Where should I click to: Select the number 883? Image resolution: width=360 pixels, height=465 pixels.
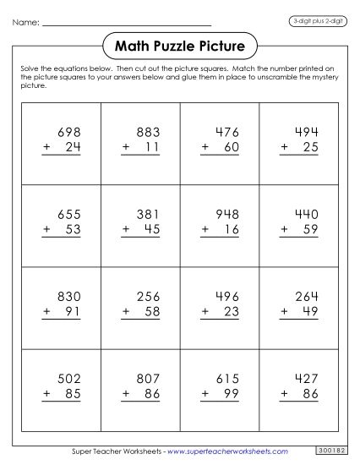coord(149,132)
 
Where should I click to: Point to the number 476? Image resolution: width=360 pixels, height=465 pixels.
coord(227,132)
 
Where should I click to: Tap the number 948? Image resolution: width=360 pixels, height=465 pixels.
coord(227,215)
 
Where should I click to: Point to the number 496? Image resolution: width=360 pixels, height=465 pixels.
coord(227,297)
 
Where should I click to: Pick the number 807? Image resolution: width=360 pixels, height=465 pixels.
coord(149,380)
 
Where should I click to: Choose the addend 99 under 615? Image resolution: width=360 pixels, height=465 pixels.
coord(233,396)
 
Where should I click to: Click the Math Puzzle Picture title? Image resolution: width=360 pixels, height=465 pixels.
coord(179,44)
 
